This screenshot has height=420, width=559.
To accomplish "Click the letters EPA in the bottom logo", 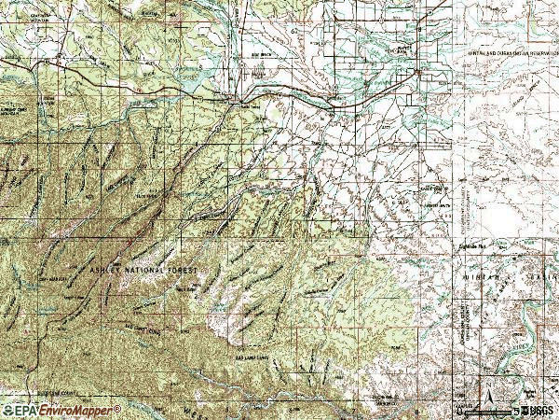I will click(x=23, y=410).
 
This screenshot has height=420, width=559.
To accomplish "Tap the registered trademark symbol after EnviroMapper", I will click(x=117, y=407).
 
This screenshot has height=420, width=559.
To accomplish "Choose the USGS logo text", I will click(x=539, y=410).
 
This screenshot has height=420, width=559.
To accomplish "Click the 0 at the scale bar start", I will click(x=459, y=410).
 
